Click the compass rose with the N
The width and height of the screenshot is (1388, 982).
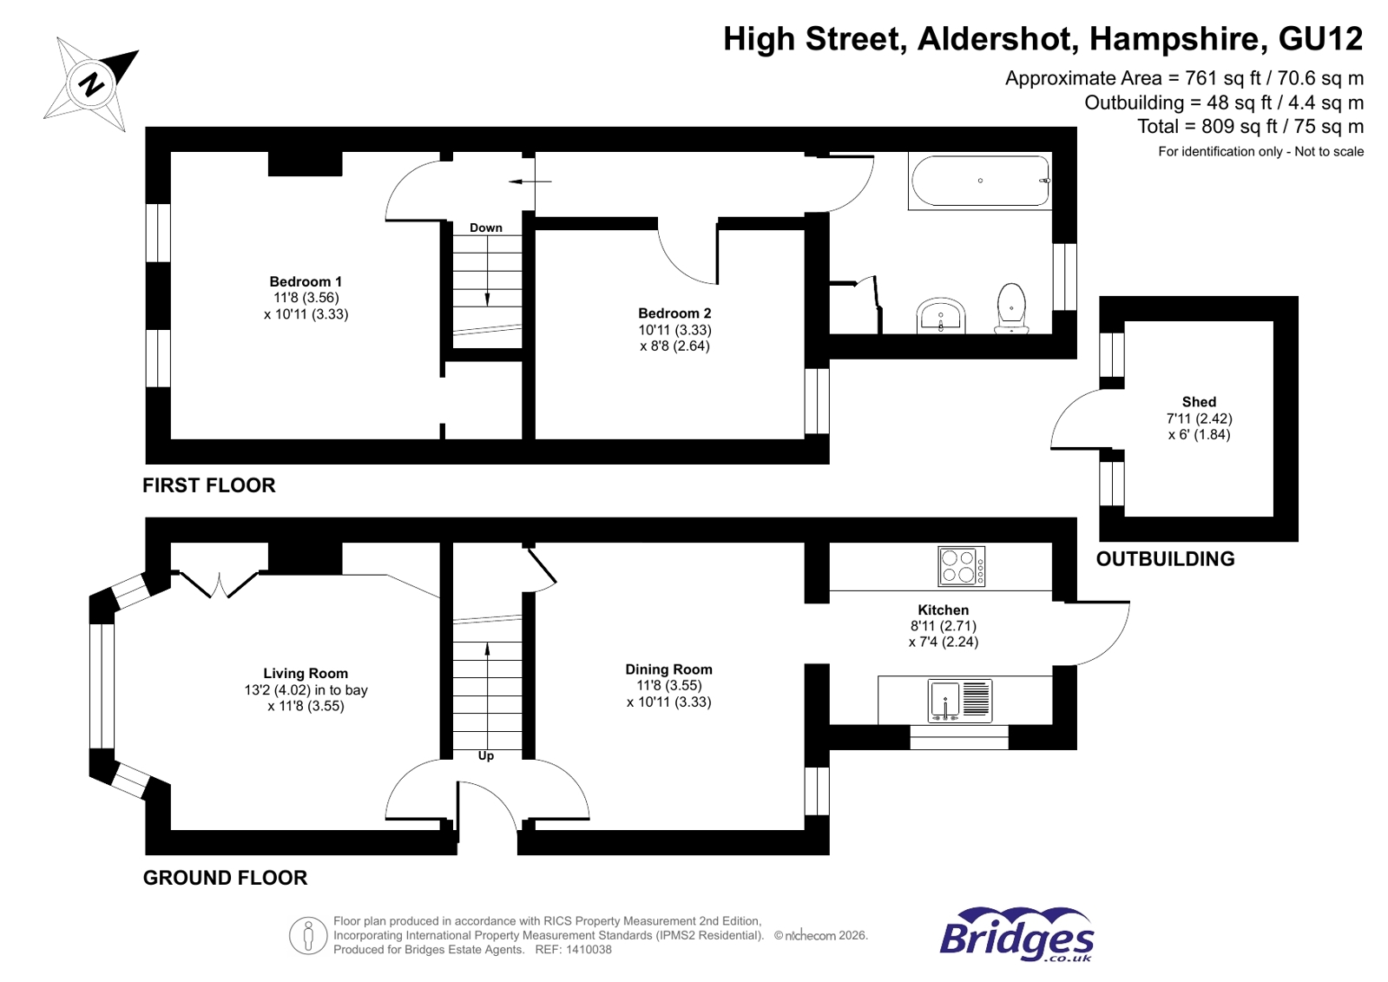coord(90,84)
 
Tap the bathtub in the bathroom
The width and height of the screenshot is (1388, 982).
coord(980,181)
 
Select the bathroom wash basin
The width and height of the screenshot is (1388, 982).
coord(941,315)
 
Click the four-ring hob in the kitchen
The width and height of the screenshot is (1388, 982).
coord(962,566)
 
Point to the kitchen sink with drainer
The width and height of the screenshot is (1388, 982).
coord(960,700)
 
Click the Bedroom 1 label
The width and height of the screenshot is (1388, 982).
coord(306,281)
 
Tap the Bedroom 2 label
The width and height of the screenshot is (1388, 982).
coord(674,313)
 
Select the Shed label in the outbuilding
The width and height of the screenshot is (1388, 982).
coord(1199,402)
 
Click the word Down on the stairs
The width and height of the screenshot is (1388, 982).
coord(486,227)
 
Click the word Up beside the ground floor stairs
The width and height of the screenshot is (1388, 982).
coord(486,755)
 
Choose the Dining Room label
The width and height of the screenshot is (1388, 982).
coord(668,669)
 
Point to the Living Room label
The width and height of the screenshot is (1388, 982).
coord(306,673)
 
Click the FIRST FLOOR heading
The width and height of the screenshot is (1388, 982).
coord(209,485)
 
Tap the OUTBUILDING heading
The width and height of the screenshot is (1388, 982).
coord(1165,559)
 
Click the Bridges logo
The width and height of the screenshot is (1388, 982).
coord(1016,936)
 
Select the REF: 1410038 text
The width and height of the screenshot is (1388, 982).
coord(573,950)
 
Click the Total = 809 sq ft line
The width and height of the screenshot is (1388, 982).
coord(1250,127)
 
